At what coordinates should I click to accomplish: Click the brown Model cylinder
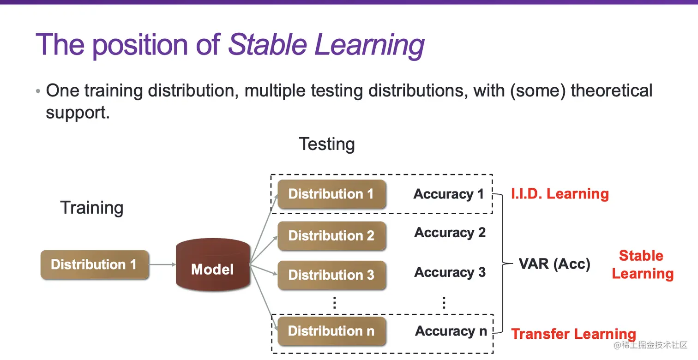[213, 265]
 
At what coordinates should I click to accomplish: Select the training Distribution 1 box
[95, 264]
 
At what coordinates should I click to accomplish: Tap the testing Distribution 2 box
[331, 236]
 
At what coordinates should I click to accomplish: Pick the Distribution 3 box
[331, 275]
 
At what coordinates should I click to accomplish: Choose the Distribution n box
[331, 331]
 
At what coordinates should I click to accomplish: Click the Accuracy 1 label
[449, 194]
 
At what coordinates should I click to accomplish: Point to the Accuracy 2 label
[450, 233]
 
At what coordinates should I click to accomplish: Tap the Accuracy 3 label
[450, 272]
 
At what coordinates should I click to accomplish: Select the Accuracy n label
[451, 331]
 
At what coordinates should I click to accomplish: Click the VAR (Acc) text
[555, 264]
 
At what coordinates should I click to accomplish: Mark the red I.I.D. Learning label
[560, 194]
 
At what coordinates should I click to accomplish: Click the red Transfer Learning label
[574, 334]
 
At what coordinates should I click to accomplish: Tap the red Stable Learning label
[643, 265]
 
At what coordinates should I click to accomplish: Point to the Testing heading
[327, 144]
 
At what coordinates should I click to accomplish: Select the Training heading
[92, 208]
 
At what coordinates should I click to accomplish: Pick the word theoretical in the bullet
[611, 91]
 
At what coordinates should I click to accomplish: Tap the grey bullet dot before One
[38, 91]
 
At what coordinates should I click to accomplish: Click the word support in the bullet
[78, 113]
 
